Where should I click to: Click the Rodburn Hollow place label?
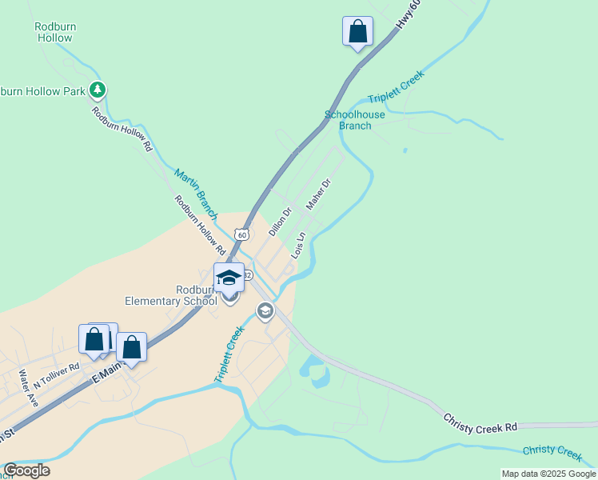coord(55,32)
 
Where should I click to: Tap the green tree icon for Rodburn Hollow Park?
coord(98,89)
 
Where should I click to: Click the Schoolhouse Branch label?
coord(355,120)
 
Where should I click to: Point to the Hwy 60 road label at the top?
coord(409,16)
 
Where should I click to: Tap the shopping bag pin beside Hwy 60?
coord(357,33)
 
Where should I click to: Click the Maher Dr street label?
coord(318,194)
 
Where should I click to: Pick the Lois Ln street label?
coord(298,245)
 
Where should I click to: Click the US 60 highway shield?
coord(241,234)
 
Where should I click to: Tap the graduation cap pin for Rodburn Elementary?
coord(229,278)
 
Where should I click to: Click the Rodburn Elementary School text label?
coord(172,295)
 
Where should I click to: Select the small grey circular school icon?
coord(265,310)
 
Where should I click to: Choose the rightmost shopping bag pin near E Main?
coord(132,348)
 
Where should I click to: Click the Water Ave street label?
coord(28,389)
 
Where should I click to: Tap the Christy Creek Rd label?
coord(480,422)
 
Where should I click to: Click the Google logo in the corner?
coord(26,470)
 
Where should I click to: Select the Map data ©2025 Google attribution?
coord(548,474)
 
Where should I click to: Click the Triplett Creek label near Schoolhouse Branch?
coord(396,86)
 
